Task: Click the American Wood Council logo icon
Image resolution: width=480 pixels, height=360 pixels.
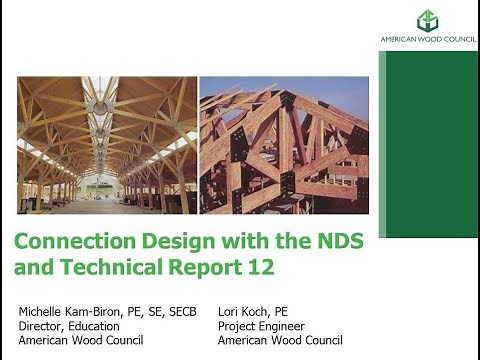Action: pyautogui.click(x=428, y=20)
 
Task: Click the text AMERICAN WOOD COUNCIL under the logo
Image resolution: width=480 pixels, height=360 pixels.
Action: pyautogui.click(x=428, y=40)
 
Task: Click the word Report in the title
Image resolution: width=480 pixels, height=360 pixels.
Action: pyautogui.click(x=203, y=267)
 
